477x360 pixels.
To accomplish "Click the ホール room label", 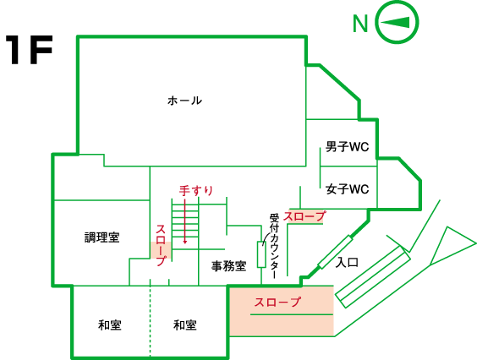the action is tap(184, 101).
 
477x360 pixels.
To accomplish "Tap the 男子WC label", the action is tap(347, 147).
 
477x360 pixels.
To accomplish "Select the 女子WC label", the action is tap(347, 189).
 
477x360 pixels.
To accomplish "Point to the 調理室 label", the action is tap(101, 237).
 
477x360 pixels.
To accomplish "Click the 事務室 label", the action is tap(228, 266).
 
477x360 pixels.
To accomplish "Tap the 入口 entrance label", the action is tap(347, 262).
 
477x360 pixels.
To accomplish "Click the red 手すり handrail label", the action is tap(196, 191).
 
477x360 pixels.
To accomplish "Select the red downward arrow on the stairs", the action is tap(184, 221).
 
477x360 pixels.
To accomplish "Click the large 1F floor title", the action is tap(30, 50).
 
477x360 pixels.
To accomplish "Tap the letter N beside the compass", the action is tap(360, 24).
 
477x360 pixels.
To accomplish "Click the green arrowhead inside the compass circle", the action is tap(395, 23).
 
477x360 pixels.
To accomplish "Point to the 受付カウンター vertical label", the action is tap(274, 246).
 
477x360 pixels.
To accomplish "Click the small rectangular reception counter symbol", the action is tap(261, 254).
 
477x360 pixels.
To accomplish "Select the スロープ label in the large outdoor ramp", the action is tap(277, 302).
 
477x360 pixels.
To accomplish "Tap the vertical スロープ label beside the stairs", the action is tap(161, 245).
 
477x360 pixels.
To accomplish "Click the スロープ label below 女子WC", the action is tap(304, 216).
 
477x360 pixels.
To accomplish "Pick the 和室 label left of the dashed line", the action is tap(109, 325).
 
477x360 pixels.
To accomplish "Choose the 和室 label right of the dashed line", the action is tap(185, 325).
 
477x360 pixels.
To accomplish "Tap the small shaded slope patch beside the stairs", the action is tap(162, 250).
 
